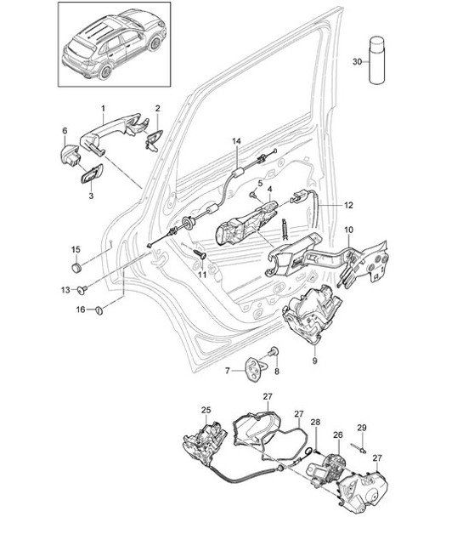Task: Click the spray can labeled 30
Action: coord(376,60)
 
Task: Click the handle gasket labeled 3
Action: coord(92,176)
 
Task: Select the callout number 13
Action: coord(65,291)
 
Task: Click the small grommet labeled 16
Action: coord(97,310)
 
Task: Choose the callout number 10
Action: coord(347,230)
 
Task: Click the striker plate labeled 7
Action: coord(255,367)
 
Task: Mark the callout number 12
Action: coord(347,205)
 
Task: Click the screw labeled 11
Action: coord(200,255)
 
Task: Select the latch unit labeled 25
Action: coord(204,443)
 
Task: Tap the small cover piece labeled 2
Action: coord(154,139)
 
